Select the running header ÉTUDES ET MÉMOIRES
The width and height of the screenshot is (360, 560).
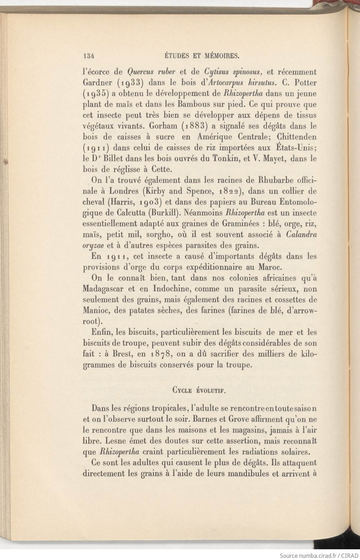tap(201, 56)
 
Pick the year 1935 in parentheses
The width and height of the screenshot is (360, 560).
tap(95, 94)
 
